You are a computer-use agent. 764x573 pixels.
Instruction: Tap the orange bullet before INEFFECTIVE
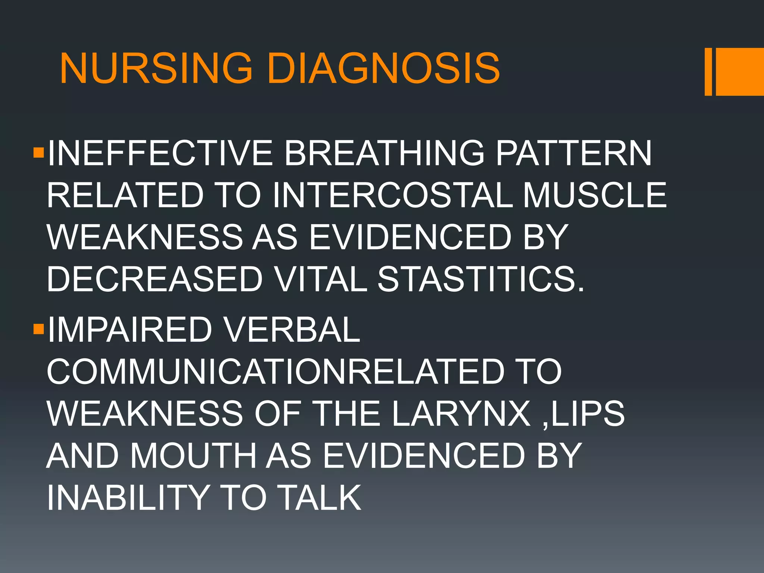39,153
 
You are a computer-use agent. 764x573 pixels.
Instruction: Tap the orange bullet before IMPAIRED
39,329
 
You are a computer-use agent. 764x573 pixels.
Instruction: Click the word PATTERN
574,153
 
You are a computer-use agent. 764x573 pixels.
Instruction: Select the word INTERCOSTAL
393,195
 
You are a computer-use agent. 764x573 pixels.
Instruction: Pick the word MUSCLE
595,195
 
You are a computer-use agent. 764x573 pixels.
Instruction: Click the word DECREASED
155,279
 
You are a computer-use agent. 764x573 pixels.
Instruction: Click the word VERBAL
292,329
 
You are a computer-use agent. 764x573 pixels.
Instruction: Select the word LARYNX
461,413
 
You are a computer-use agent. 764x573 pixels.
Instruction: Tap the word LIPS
588,413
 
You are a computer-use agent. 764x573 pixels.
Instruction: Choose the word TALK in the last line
321,498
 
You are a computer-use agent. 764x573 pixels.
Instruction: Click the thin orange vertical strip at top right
708,72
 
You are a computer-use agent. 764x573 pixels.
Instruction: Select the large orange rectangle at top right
740,72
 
